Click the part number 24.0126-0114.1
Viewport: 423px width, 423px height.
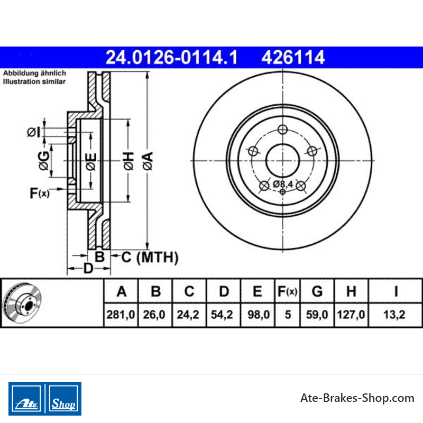tap(171, 58)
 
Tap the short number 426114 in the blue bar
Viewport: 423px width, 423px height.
tap(293, 58)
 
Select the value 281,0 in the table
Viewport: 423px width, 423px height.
tap(121, 315)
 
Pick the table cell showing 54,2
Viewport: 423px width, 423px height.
tap(222, 315)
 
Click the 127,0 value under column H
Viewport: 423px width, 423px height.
tap(351, 315)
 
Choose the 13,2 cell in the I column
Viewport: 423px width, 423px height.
tap(394, 315)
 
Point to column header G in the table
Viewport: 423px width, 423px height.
tap(317, 291)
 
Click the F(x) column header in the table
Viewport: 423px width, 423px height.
tap(287, 291)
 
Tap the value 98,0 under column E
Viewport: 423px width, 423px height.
tap(259, 315)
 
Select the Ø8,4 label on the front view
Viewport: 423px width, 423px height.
tap(283, 184)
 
